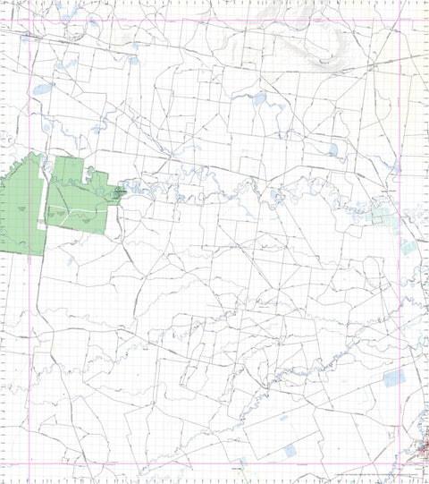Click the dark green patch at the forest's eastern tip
[x=119, y=191]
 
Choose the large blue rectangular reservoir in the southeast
[x=393, y=378]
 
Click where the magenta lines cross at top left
[x=30, y=21]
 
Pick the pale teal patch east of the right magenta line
[x=408, y=246]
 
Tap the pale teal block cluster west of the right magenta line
[x=379, y=217]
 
